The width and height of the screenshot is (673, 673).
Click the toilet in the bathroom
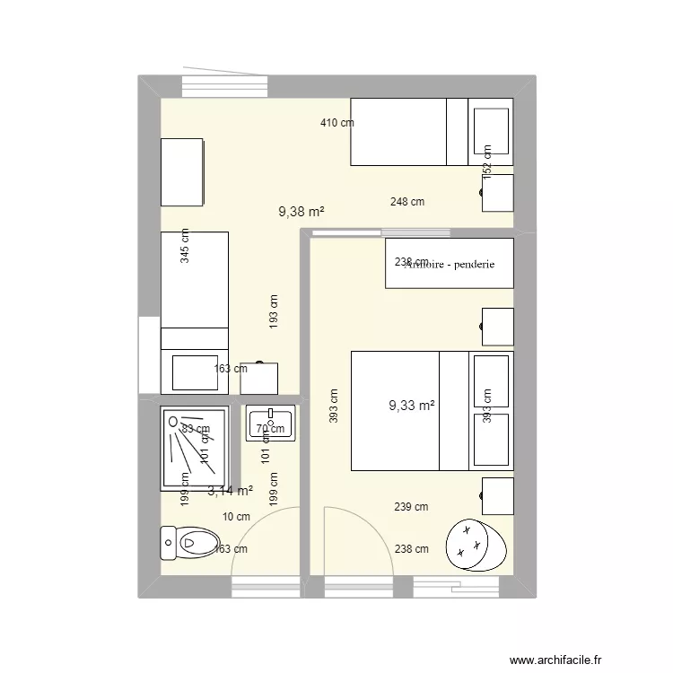189,541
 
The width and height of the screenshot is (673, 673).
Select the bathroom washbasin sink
270,424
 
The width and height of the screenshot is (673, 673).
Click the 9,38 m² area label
301,212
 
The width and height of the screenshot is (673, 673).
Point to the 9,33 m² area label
411,406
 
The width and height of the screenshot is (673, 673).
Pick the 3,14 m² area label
230,491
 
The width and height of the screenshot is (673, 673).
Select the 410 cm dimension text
337,123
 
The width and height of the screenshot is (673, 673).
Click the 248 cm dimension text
407,202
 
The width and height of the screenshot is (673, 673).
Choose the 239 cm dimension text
411,507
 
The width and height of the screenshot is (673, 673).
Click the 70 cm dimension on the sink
266,429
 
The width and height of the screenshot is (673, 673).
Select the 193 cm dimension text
274,310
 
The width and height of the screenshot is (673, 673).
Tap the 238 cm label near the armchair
411,549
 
